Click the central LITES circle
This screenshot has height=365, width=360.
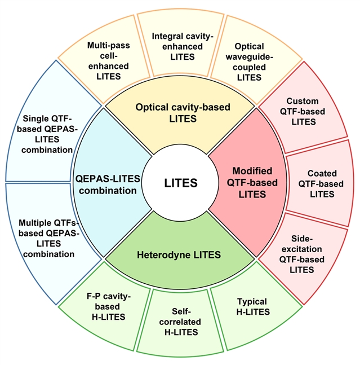[180, 183]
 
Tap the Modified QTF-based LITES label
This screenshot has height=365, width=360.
[252, 182]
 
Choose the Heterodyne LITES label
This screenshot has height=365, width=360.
[179, 255]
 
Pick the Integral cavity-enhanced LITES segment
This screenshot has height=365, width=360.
[181, 46]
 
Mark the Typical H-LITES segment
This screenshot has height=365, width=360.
[252, 307]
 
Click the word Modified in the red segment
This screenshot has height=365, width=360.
[252, 170]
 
